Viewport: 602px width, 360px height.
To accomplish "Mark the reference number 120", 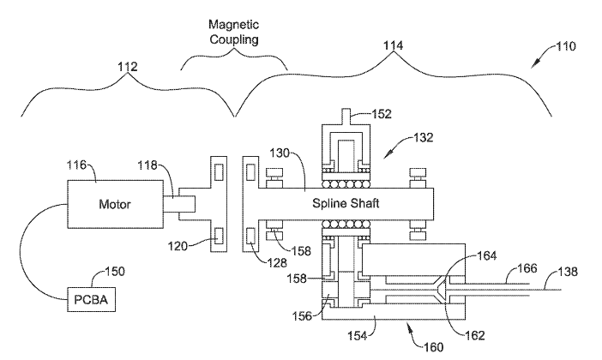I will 176,245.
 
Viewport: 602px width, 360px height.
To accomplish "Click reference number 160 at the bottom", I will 434,348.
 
